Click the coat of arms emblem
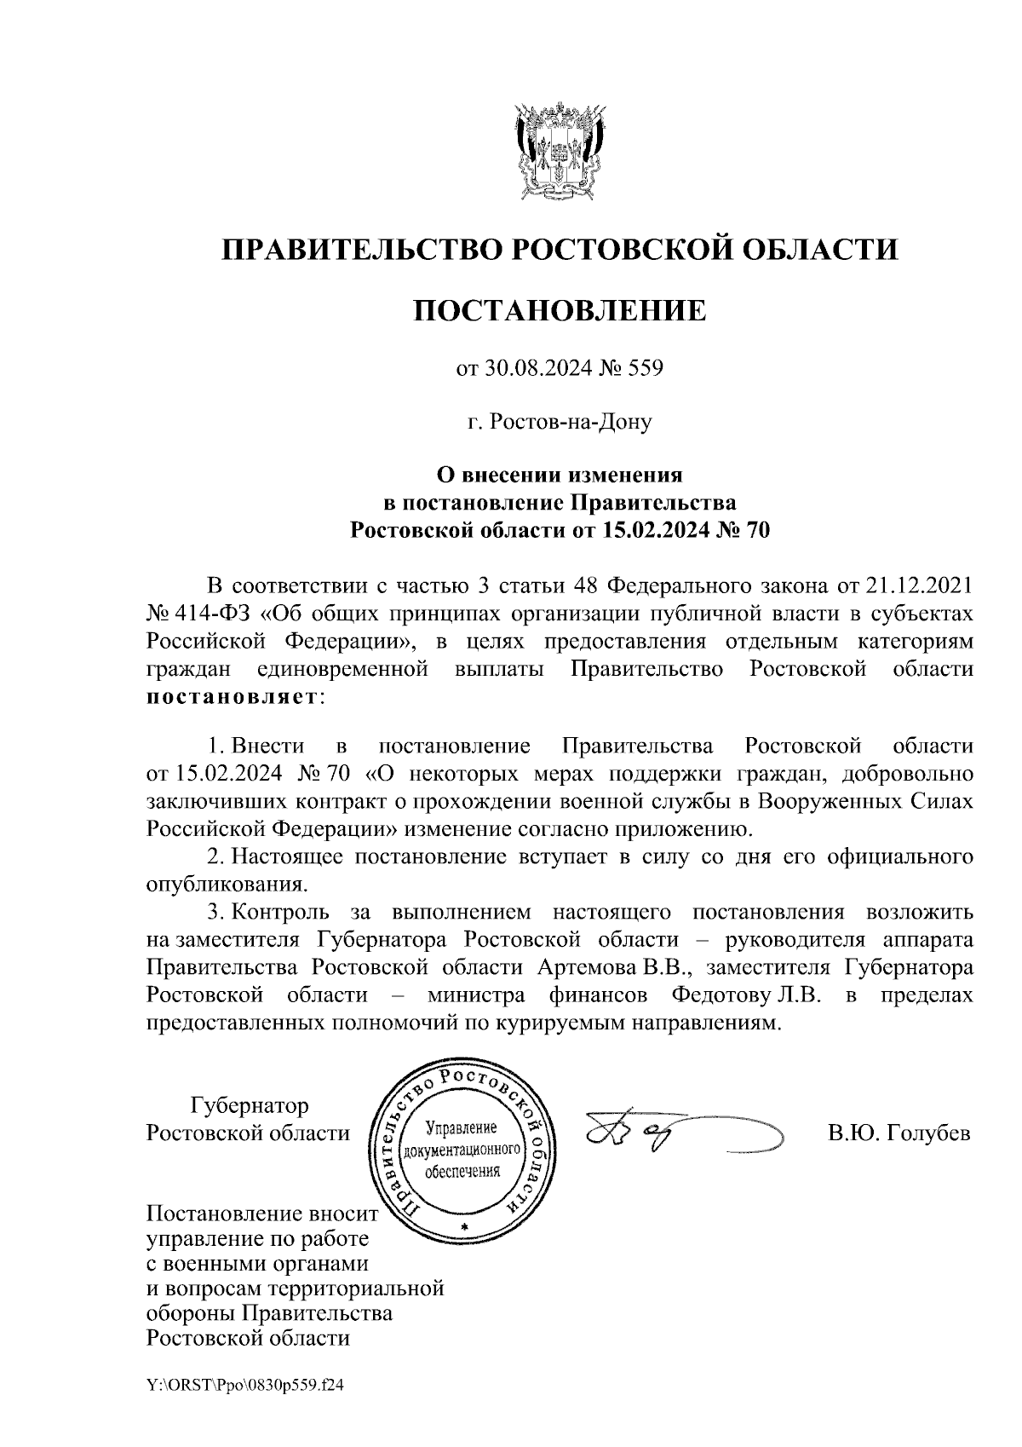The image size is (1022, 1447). tap(560, 150)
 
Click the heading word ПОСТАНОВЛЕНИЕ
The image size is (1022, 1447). tap(560, 310)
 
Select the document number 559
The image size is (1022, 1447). tap(645, 369)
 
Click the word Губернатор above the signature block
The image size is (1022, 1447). tap(250, 1106)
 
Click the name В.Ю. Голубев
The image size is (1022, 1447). tap(899, 1134)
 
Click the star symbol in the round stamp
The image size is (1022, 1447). tap(464, 1225)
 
